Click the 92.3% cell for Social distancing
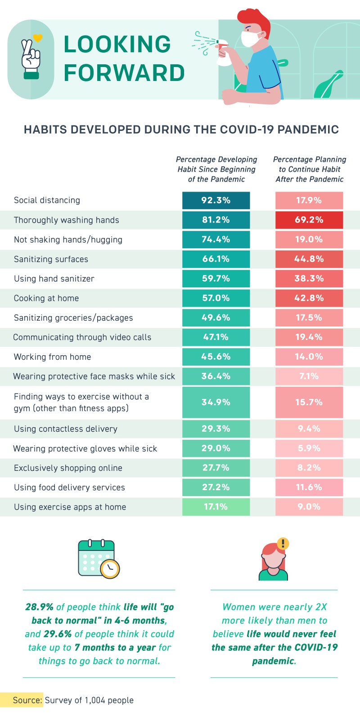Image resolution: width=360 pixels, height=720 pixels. tap(216, 200)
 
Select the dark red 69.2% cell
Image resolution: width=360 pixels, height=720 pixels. tap(309, 220)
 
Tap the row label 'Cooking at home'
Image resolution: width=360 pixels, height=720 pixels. tap(46, 298)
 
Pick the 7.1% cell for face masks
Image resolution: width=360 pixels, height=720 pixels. tap(309, 376)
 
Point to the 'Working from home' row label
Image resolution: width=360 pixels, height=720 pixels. tap(53, 357)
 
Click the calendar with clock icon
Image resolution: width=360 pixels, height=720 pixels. tap(99, 559)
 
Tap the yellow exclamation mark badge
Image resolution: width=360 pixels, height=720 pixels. tap(283, 544)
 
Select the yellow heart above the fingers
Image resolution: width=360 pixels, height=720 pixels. tap(38, 38)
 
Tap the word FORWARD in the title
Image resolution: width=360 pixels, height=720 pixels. tap(124, 73)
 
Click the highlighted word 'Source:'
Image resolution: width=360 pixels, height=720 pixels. tap(27, 700)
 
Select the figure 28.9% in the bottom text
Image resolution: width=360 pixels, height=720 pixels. tap(39, 607)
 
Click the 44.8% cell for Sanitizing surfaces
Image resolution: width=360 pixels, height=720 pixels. tap(309, 259)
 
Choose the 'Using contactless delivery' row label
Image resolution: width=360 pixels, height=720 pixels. tap(66, 429)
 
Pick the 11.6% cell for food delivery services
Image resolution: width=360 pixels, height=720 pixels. tap(309, 487)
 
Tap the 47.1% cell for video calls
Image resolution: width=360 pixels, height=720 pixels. tap(216, 337)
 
